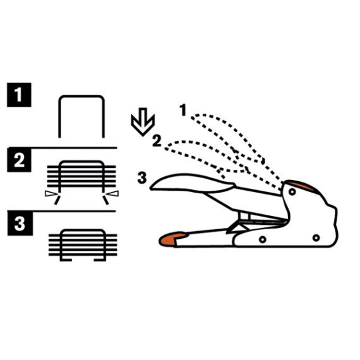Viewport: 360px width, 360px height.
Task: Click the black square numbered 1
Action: point(19,95)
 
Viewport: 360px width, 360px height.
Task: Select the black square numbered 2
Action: point(19,160)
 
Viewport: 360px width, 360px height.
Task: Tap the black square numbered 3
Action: point(20,224)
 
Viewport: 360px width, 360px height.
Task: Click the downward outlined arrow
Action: point(143,122)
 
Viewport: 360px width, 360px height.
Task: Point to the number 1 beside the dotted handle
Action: point(183,110)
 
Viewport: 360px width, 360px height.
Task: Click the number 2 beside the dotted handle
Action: point(157,141)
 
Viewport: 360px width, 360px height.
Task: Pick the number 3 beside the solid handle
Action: point(142,177)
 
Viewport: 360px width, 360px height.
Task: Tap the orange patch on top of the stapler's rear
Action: point(301,186)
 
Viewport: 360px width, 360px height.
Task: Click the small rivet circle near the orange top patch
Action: point(292,191)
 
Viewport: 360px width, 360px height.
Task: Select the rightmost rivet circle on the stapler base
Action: point(316,238)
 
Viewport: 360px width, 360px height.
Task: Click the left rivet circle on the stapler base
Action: point(263,239)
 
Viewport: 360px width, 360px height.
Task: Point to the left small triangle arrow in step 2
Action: point(51,193)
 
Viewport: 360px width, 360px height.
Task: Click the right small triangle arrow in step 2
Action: point(113,193)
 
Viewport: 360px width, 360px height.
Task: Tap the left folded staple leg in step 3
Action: point(66,260)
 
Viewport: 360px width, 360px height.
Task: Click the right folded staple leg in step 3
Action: point(100,260)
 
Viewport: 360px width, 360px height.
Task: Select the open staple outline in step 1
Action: point(81,97)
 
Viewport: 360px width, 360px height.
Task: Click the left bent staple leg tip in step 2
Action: point(57,200)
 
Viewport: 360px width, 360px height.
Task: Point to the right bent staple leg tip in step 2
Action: point(106,200)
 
